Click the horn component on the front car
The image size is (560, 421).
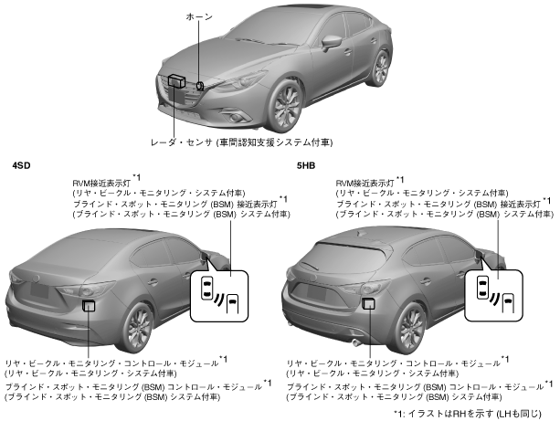tap(200, 85)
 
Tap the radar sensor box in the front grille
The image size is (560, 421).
tap(176, 81)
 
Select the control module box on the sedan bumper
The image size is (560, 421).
tap(89, 305)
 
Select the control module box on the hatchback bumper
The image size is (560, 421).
tap(367, 302)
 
